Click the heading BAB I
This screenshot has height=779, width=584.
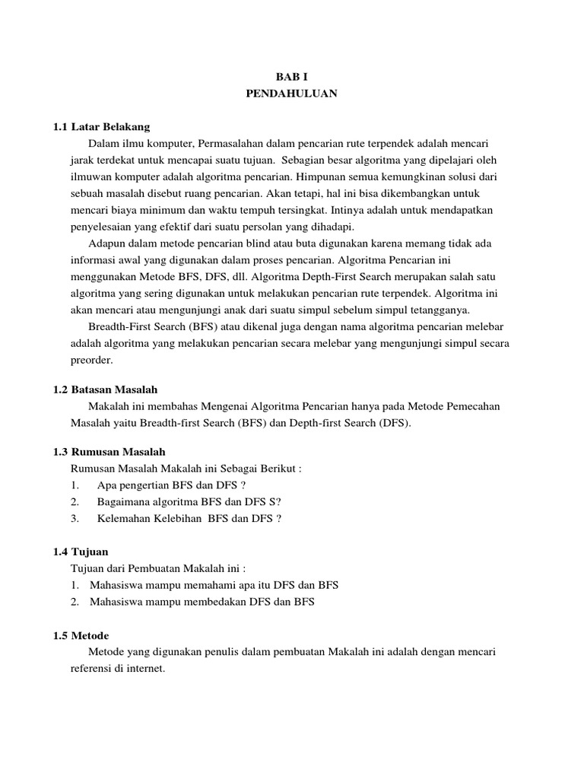[291, 77]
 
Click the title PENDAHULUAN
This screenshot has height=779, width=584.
[291, 94]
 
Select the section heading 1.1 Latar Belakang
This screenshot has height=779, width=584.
[101, 126]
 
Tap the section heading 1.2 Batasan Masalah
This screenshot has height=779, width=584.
[105, 389]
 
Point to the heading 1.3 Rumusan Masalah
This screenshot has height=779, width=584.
[109, 452]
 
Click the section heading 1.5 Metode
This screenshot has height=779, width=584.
[81, 635]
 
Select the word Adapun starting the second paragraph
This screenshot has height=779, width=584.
[106, 243]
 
